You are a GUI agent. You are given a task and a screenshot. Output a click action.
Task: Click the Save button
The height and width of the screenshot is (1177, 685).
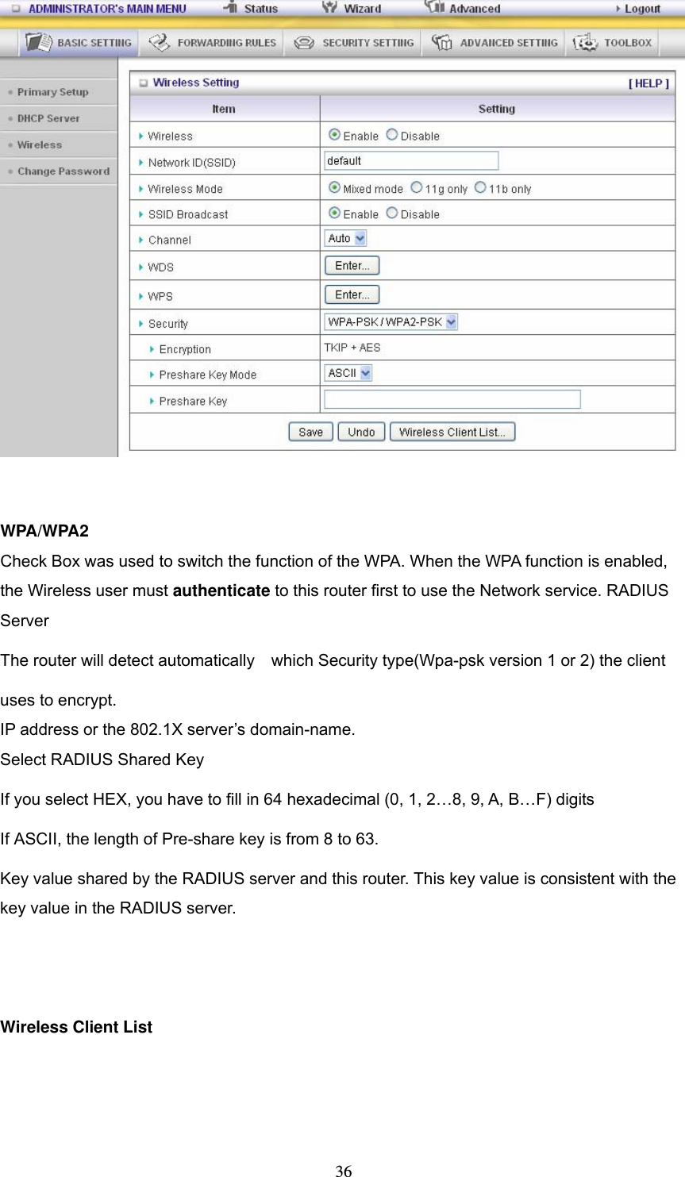(310, 432)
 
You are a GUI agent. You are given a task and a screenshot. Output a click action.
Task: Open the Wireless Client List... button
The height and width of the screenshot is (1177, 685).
(452, 432)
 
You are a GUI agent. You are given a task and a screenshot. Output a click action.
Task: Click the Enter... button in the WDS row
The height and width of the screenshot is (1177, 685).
(352, 266)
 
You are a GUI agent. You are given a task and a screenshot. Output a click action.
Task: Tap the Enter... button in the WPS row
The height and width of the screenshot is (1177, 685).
(352, 294)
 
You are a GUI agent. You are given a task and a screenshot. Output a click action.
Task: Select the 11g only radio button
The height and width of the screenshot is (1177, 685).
(417, 188)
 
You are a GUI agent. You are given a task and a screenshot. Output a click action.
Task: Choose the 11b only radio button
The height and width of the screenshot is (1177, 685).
(480, 188)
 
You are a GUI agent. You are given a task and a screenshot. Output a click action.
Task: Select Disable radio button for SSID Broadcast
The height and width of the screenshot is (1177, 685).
(392, 213)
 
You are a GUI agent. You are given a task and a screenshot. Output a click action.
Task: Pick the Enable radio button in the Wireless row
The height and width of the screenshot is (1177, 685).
(335, 135)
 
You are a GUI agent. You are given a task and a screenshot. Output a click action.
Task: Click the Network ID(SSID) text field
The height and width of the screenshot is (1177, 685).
(411, 161)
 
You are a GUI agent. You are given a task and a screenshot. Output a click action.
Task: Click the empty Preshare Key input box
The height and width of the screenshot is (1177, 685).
(452, 399)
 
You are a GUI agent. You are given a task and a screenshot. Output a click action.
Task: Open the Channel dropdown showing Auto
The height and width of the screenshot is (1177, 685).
(345, 238)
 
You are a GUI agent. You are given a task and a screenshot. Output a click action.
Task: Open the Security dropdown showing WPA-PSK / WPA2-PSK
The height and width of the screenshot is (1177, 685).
(391, 321)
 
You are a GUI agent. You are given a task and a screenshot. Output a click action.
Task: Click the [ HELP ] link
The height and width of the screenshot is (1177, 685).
(648, 83)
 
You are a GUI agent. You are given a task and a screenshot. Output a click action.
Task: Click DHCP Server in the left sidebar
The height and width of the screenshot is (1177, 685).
(48, 118)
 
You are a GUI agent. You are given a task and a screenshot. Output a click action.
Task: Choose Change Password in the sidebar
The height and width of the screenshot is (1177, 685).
(63, 171)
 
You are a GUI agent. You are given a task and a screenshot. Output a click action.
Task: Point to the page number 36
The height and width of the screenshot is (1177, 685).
(344, 1170)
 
